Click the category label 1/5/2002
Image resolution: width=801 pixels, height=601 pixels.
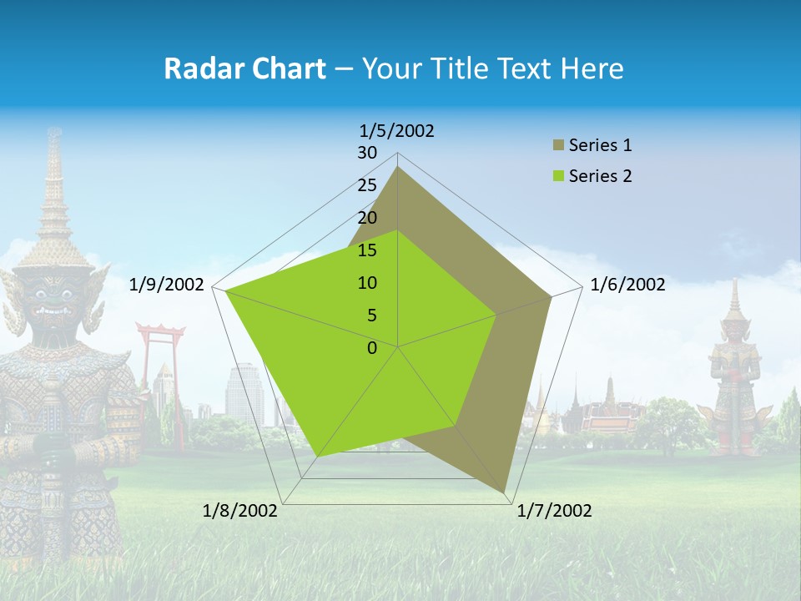point(397,131)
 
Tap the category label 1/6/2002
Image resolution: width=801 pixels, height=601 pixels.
point(627,285)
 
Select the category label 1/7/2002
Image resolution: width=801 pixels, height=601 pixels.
point(554,511)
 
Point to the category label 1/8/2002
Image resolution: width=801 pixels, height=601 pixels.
point(240,511)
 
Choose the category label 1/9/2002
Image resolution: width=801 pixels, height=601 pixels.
point(167,285)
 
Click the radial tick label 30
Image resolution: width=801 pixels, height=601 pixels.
point(367,153)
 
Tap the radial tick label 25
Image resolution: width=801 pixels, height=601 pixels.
point(367,185)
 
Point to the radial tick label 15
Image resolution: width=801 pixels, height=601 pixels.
point(367,250)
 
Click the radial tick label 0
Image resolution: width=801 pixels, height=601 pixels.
point(372,348)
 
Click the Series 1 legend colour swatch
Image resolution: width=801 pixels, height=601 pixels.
point(558,146)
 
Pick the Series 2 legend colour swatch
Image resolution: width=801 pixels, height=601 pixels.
point(558,176)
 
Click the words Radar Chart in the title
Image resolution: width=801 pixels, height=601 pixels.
point(244,68)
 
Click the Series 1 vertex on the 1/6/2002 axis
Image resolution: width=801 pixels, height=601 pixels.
point(551,296)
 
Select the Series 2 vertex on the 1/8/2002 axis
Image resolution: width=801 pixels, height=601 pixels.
point(317,456)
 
